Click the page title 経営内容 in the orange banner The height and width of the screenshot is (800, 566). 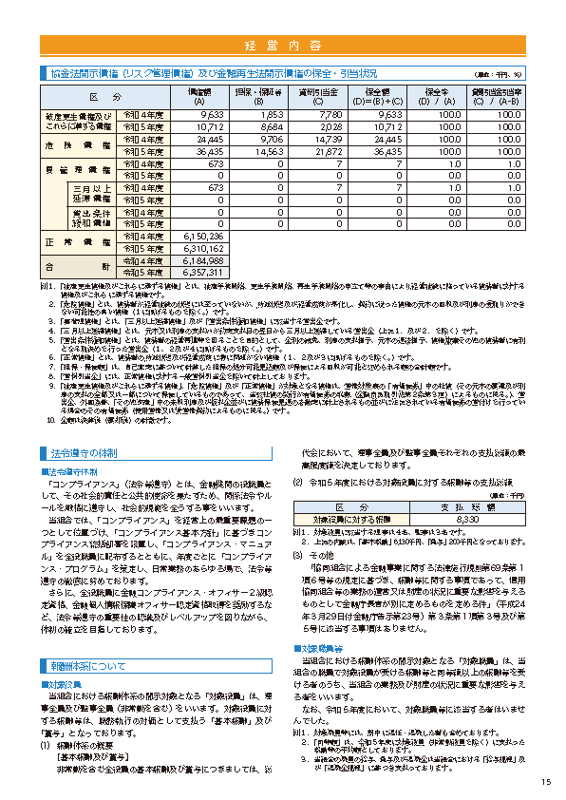(x=282, y=46)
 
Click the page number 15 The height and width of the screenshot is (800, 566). (x=545, y=782)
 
